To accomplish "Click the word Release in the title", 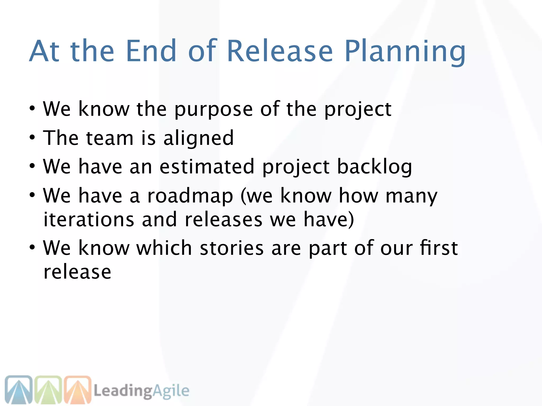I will click(x=280, y=51).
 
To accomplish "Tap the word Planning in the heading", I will click(x=405, y=52).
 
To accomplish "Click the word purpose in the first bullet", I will click(x=213, y=109).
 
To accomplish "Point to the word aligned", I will click(x=198, y=138).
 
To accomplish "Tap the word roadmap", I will click(x=190, y=196).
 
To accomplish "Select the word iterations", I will click(x=89, y=219).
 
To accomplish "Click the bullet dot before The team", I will click(x=32, y=137).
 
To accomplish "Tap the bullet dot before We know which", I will click(x=32, y=248).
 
